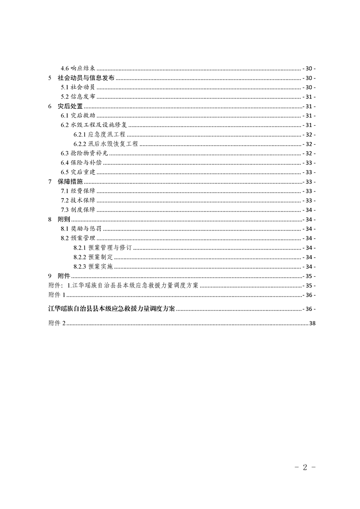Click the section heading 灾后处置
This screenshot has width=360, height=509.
70,106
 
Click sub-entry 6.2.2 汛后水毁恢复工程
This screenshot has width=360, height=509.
105,144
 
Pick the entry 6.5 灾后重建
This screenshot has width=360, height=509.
78,172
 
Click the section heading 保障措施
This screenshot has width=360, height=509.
70,182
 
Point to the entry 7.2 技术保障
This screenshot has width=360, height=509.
78,201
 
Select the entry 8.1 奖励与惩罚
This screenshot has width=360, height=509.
81,229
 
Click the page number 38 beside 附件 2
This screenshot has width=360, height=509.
311,323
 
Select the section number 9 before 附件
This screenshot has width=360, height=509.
49,276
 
